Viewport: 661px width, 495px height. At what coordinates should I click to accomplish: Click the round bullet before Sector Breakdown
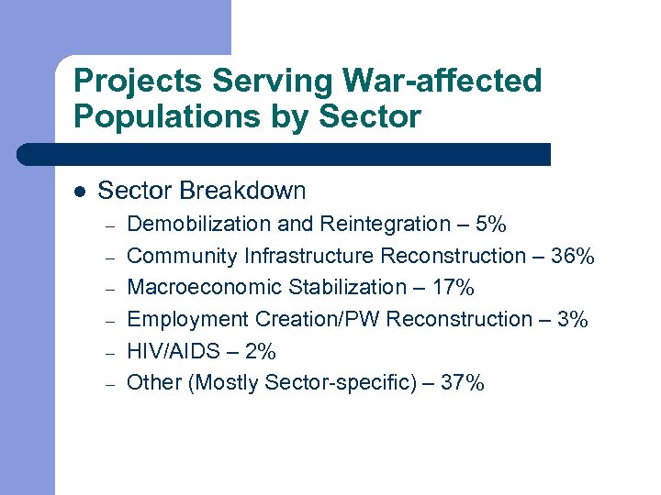pos(79,192)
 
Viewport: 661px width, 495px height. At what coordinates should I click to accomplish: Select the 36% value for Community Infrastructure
pos(574,256)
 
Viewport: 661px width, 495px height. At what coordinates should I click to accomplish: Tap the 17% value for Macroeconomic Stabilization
pos(454,288)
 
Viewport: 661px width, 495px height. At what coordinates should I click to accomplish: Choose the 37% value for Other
pos(463,383)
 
